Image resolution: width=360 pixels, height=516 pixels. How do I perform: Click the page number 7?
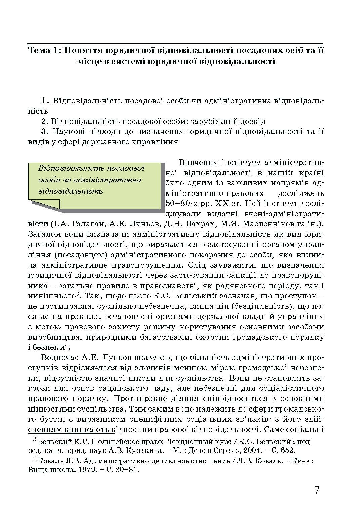[x=317, y=490]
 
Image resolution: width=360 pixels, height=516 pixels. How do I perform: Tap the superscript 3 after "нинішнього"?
[x=77, y=294]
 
